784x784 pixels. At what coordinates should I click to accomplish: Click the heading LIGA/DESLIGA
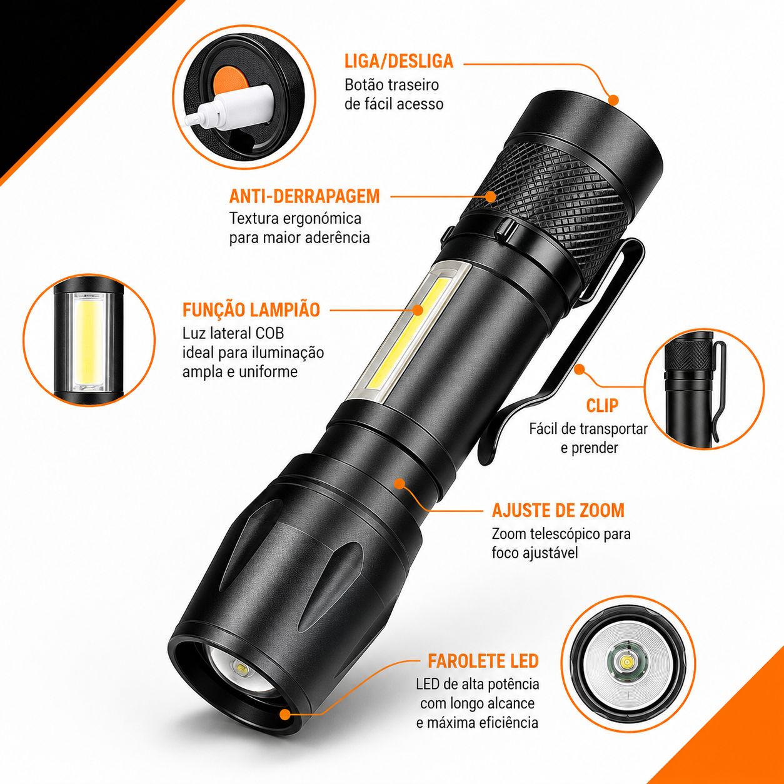[399, 61]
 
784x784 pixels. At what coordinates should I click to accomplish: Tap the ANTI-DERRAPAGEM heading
[304, 196]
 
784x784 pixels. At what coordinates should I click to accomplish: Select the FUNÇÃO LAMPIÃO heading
[251, 309]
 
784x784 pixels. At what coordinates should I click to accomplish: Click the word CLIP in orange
[602, 405]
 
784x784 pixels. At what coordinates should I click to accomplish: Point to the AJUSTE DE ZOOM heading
[558, 511]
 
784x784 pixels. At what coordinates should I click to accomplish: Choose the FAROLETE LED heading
[483, 661]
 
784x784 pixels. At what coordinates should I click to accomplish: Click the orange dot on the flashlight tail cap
[613, 99]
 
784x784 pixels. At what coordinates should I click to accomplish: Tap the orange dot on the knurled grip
[491, 196]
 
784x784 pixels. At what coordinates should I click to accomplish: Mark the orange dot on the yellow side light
[418, 310]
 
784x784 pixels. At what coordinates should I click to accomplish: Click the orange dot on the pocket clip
[580, 369]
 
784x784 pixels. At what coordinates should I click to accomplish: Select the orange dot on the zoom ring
[400, 484]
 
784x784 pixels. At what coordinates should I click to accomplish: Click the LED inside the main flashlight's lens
[241, 668]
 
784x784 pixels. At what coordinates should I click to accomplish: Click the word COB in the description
[269, 333]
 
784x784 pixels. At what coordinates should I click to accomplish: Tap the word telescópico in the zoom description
[566, 535]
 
